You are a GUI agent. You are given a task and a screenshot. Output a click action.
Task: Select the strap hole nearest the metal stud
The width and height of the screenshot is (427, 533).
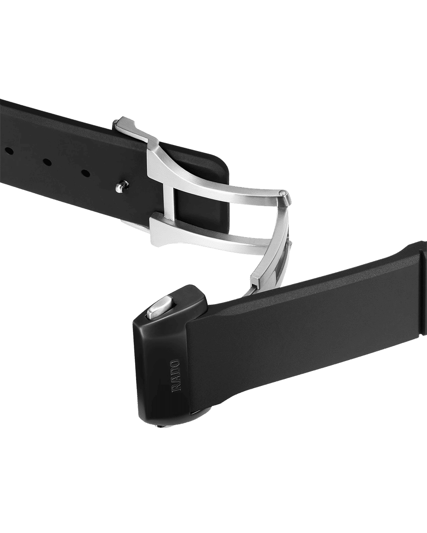click(x=85, y=173)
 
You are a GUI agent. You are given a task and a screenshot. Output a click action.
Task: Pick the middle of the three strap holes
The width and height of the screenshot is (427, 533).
click(x=47, y=162)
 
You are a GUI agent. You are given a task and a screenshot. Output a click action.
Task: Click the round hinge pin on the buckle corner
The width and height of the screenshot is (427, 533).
click(x=283, y=192)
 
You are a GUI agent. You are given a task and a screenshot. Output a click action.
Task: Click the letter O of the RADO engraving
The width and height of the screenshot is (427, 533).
click(x=175, y=363)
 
